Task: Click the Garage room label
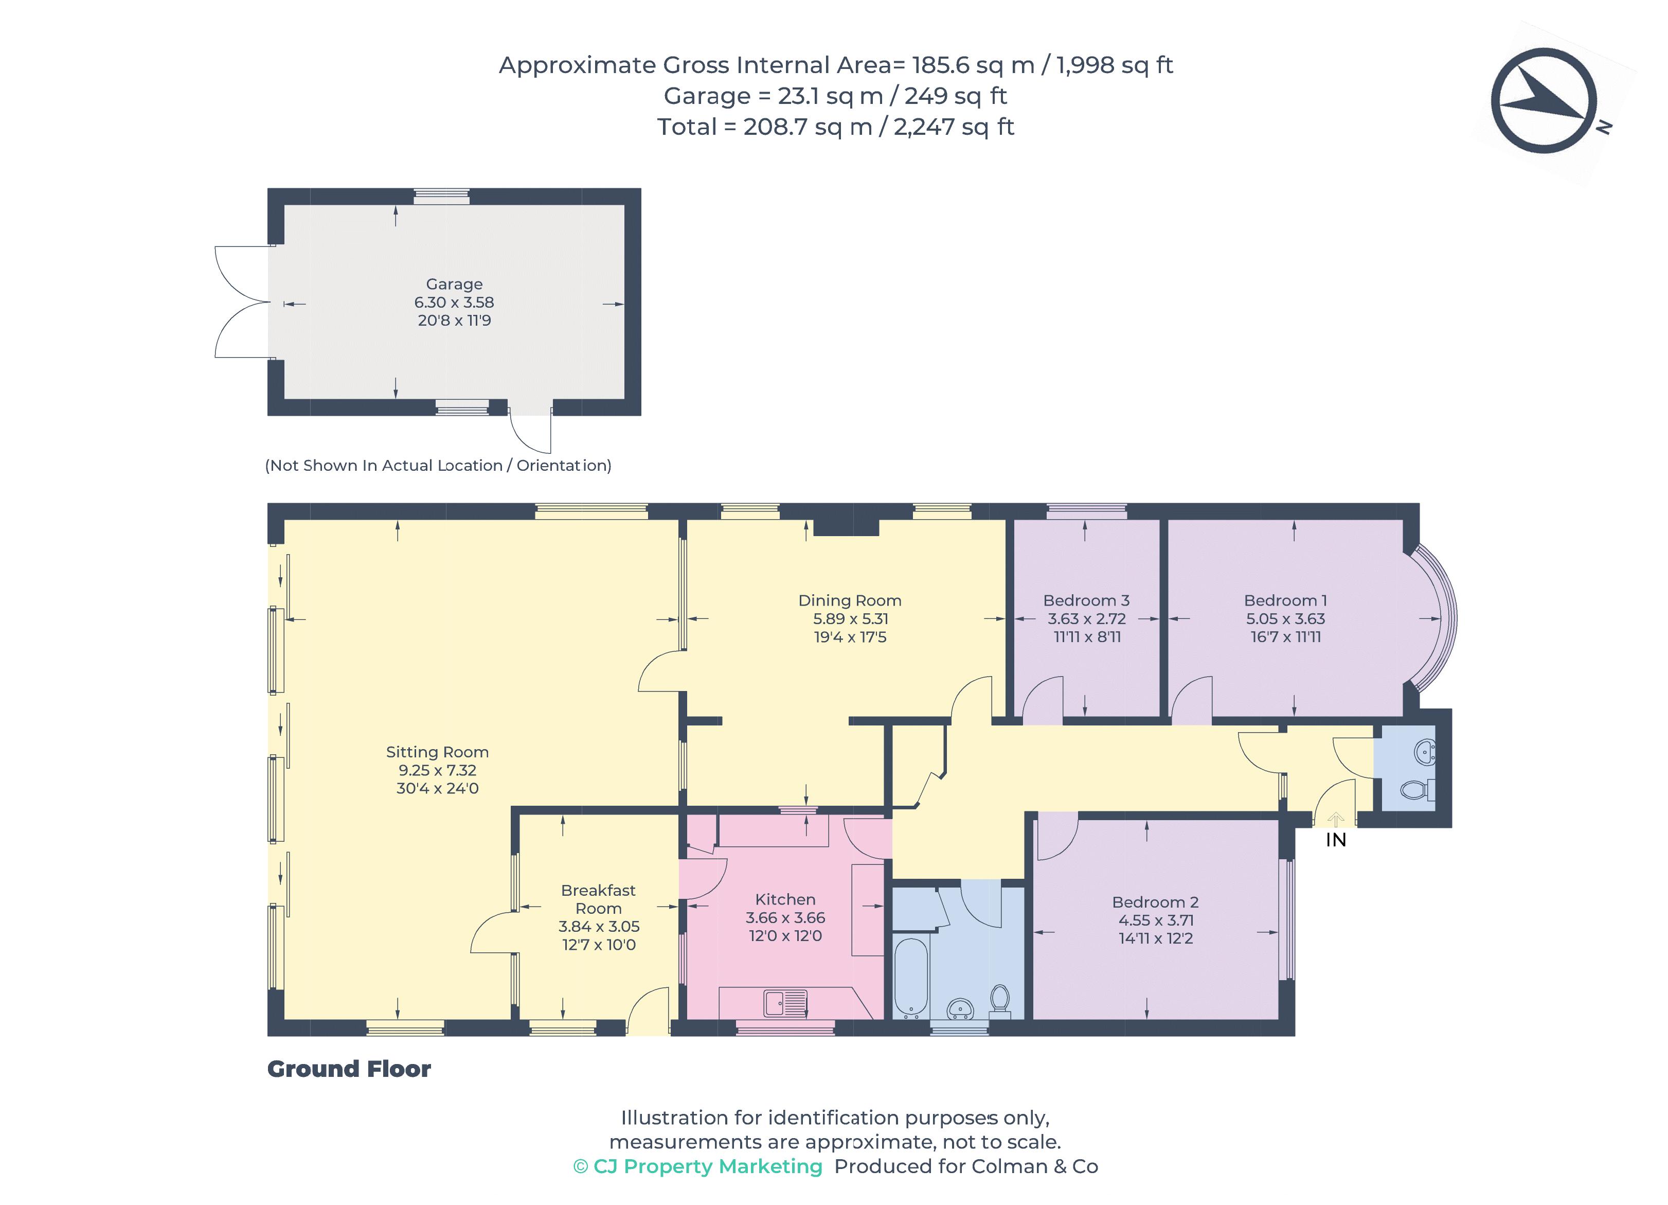tap(454, 284)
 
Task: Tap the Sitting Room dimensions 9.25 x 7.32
tap(437, 770)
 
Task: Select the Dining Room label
tap(850, 600)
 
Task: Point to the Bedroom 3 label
tap(1086, 600)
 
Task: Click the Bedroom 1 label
tap(1285, 600)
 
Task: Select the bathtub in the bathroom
tap(910, 977)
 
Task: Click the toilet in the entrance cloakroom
tap(1416, 790)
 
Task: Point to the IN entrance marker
tap(1336, 839)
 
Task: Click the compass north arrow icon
tap(1543, 101)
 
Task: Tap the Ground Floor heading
tap(349, 1069)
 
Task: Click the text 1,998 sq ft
tap(1114, 65)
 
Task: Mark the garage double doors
tap(243, 303)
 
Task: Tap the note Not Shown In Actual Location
tap(438, 465)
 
